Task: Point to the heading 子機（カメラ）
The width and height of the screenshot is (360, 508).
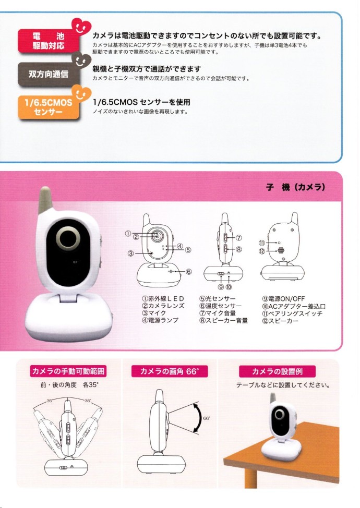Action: point(296,187)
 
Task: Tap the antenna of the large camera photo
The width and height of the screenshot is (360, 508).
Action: point(45,200)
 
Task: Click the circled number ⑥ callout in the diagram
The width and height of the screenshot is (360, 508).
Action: point(188,271)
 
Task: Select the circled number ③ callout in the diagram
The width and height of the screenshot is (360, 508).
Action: point(131,253)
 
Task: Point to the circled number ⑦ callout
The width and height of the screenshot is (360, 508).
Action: point(239,237)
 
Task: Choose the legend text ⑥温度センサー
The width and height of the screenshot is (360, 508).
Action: point(220,306)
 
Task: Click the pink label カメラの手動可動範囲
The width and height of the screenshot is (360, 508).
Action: point(69,371)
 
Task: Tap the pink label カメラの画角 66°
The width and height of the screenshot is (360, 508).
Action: point(170,371)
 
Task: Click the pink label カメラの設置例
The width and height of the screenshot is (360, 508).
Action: point(277,371)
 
